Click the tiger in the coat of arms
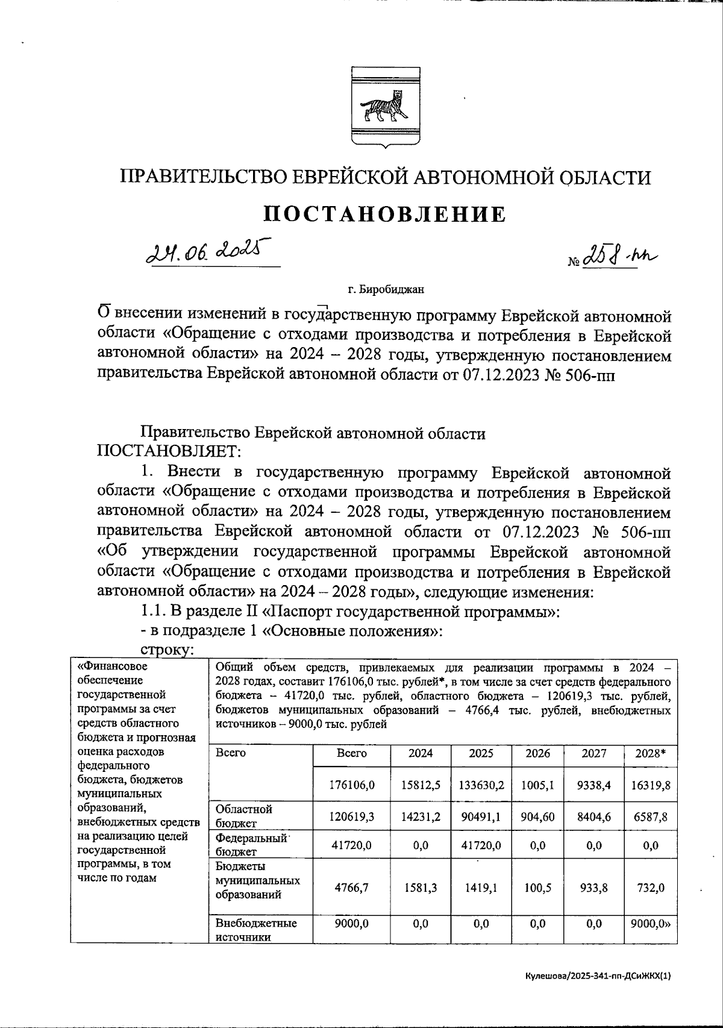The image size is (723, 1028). [385, 107]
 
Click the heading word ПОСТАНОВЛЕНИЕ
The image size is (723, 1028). [386, 215]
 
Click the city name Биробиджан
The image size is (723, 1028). [386, 290]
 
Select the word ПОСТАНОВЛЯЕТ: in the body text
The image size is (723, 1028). [169, 451]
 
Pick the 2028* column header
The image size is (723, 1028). [649, 753]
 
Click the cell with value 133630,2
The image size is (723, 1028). [481, 785]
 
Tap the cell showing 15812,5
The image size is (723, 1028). [421, 785]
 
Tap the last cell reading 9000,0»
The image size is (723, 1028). [650, 923]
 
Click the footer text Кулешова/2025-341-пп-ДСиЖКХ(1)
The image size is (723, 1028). [597, 977]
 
